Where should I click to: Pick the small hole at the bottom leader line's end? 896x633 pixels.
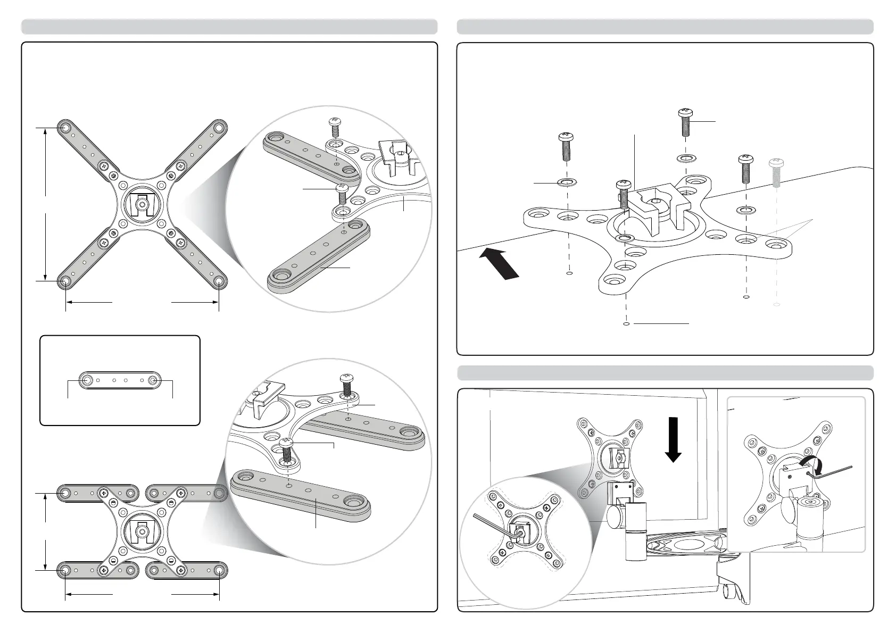pyautogui.click(x=626, y=323)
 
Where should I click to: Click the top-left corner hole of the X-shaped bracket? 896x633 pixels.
pyautogui.click(x=65, y=128)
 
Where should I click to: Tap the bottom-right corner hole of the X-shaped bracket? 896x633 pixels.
pyautogui.click(x=219, y=280)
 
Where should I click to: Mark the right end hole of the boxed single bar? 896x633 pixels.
pyautogui.click(x=153, y=380)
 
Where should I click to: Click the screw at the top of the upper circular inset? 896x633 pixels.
pyautogui.click(x=335, y=128)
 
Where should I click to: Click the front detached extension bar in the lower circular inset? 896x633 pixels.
pyautogui.click(x=301, y=495)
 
